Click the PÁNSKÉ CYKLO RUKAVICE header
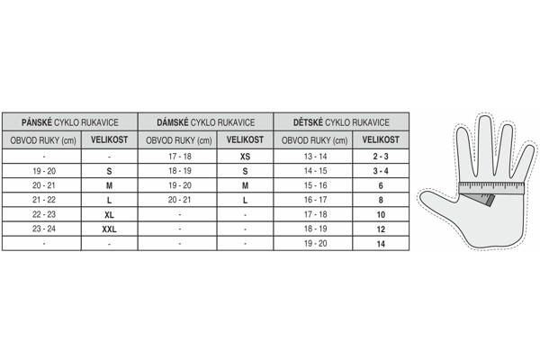click(70, 122)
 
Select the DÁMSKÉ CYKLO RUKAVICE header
click(205, 122)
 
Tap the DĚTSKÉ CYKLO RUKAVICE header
click(341, 122)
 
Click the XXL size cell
click(109, 229)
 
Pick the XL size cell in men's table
click(109, 214)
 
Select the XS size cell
click(245, 157)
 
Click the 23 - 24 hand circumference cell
click(44, 229)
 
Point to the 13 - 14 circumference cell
click(315, 157)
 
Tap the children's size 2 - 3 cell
click(381, 157)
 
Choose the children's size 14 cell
click(381, 244)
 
